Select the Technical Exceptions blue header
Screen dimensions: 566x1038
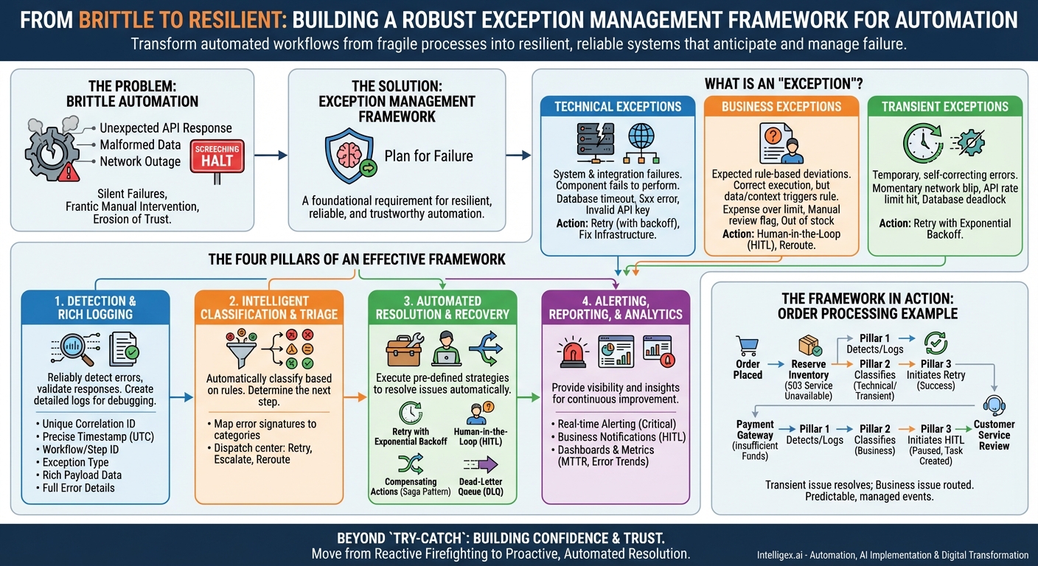tap(618, 106)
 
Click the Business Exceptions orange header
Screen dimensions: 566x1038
tap(781, 106)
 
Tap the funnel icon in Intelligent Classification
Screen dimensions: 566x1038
tap(238, 351)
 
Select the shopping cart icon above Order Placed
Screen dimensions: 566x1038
tap(747, 346)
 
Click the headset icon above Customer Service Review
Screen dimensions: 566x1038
tap(994, 405)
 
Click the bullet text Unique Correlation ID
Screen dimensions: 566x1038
tap(88, 424)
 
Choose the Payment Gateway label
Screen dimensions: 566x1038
tap(755, 429)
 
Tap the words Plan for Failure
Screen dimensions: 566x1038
tap(428, 156)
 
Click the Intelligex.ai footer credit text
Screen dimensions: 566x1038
tap(892, 555)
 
